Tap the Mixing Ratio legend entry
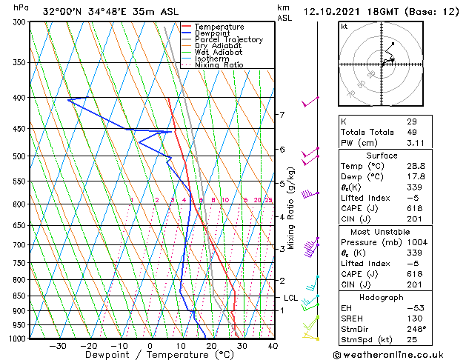click(x=219, y=65)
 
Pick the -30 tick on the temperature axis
click(x=58, y=346)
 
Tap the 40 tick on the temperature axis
click(x=273, y=346)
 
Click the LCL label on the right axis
click(x=290, y=298)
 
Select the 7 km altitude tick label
click(x=282, y=115)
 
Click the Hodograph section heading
click(x=381, y=296)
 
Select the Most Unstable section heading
click(x=381, y=231)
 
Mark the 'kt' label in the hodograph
click(x=344, y=27)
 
